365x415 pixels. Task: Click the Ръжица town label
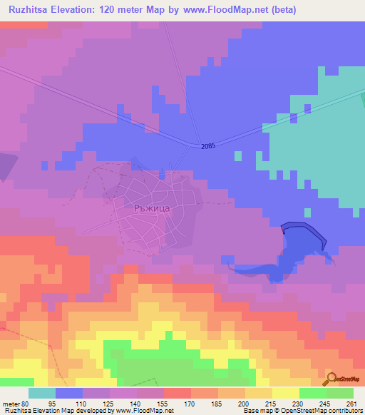coord(150,208)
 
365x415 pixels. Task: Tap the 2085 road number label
coord(207,146)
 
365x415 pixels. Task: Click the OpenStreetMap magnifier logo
coord(330,379)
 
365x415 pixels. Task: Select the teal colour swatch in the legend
coord(42,393)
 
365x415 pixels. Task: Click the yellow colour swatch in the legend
coord(285,393)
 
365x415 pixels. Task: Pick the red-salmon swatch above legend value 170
coord(177,393)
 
